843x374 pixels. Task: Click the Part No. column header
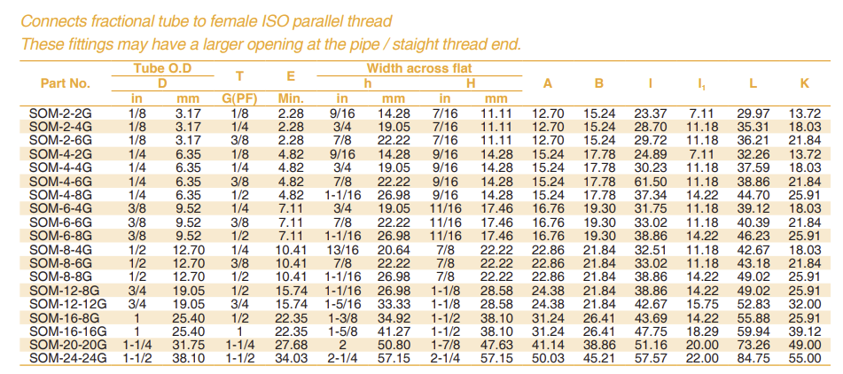coord(66,83)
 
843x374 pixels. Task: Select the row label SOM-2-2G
coord(66,113)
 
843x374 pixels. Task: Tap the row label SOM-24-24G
coord(66,358)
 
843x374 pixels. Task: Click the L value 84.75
coord(753,358)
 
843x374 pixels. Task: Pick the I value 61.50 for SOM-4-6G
coord(651,180)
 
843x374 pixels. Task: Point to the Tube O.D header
coord(162,68)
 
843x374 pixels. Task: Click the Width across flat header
coord(418,68)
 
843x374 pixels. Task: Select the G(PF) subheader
coord(239,97)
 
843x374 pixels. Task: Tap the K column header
coord(804,83)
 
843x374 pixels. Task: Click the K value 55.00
coord(804,358)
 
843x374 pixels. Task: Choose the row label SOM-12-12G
coord(66,303)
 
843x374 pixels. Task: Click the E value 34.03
coord(291,358)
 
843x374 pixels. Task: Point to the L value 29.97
coord(753,113)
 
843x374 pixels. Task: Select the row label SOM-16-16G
coord(66,331)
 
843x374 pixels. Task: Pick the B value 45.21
coord(599,358)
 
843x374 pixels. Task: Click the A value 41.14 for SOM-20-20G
coord(548,344)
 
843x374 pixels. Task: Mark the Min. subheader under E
coord(291,97)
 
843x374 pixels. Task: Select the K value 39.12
coord(804,331)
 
